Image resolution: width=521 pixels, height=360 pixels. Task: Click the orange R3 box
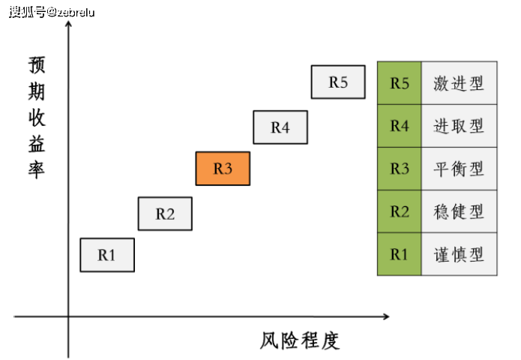(x=223, y=169)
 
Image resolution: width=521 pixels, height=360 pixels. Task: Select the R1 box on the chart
(x=107, y=255)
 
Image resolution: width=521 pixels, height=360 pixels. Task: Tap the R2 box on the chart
(x=165, y=214)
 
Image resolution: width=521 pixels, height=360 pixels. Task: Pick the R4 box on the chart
(x=280, y=127)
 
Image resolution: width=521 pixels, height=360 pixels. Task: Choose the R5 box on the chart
(x=338, y=82)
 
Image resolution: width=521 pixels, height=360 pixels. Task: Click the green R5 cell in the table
(x=399, y=83)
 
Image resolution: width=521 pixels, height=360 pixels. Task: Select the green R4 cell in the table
(x=399, y=126)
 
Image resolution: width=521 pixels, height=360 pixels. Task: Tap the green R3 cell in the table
(x=399, y=169)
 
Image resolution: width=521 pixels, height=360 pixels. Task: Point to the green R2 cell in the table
(x=399, y=211)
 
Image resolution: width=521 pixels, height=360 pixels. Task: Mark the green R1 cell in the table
(x=399, y=254)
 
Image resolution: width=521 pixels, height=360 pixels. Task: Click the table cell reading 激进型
(x=459, y=83)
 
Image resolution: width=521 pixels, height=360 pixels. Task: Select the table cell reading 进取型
(x=459, y=126)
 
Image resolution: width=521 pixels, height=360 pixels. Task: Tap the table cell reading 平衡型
(x=459, y=169)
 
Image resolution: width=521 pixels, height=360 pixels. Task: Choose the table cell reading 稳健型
(x=459, y=211)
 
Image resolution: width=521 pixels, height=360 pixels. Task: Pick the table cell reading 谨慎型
(x=459, y=254)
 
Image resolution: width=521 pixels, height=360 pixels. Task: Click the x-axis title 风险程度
(x=300, y=340)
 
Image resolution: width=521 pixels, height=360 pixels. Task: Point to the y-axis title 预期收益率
(x=37, y=118)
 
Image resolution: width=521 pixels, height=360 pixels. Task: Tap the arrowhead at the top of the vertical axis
(x=68, y=23)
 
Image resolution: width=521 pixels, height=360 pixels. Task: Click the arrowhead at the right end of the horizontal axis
(x=387, y=316)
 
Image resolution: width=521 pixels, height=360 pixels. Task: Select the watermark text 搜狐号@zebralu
(x=52, y=12)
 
